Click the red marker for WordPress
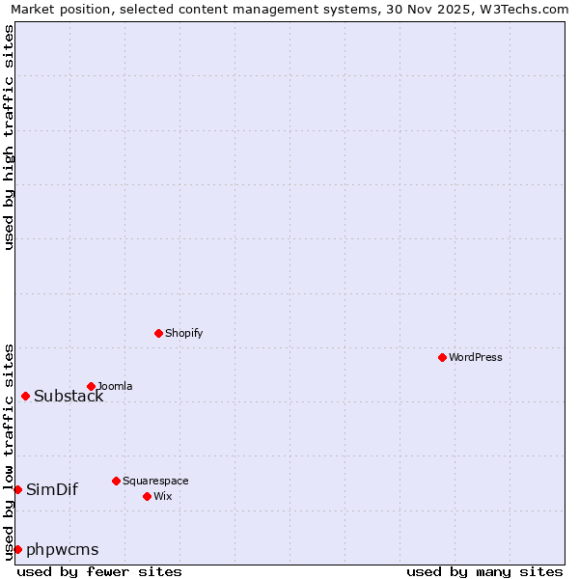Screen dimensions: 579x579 pyautogui.click(x=442, y=357)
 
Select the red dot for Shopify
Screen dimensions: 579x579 pyautogui.click(x=158, y=333)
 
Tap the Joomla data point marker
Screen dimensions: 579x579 pyautogui.click(x=91, y=386)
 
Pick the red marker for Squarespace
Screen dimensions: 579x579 pyautogui.click(x=116, y=481)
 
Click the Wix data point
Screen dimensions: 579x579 pyautogui.click(x=147, y=496)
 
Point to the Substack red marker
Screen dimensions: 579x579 pyautogui.click(x=25, y=396)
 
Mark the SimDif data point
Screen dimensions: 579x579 pyautogui.click(x=17, y=489)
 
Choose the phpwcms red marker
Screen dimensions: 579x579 pyautogui.click(x=17, y=549)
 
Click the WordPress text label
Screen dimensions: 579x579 pyautogui.click(x=475, y=357)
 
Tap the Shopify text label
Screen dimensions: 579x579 pyautogui.click(x=183, y=333)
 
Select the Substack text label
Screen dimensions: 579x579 pyautogui.click(x=69, y=397)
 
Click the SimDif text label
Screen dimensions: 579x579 pyautogui.click(x=52, y=489)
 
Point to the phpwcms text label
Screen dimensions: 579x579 pyautogui.click(x=63, y=550)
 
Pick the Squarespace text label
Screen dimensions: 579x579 pyautogui.click(x=155, y=481)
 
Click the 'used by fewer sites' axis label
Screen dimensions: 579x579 pyautogui.click(x=99, y=571)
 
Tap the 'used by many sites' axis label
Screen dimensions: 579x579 pyautogui.click(x=484, y=571)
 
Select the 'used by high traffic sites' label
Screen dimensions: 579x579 pyautogui.click(x=9, y=137)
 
